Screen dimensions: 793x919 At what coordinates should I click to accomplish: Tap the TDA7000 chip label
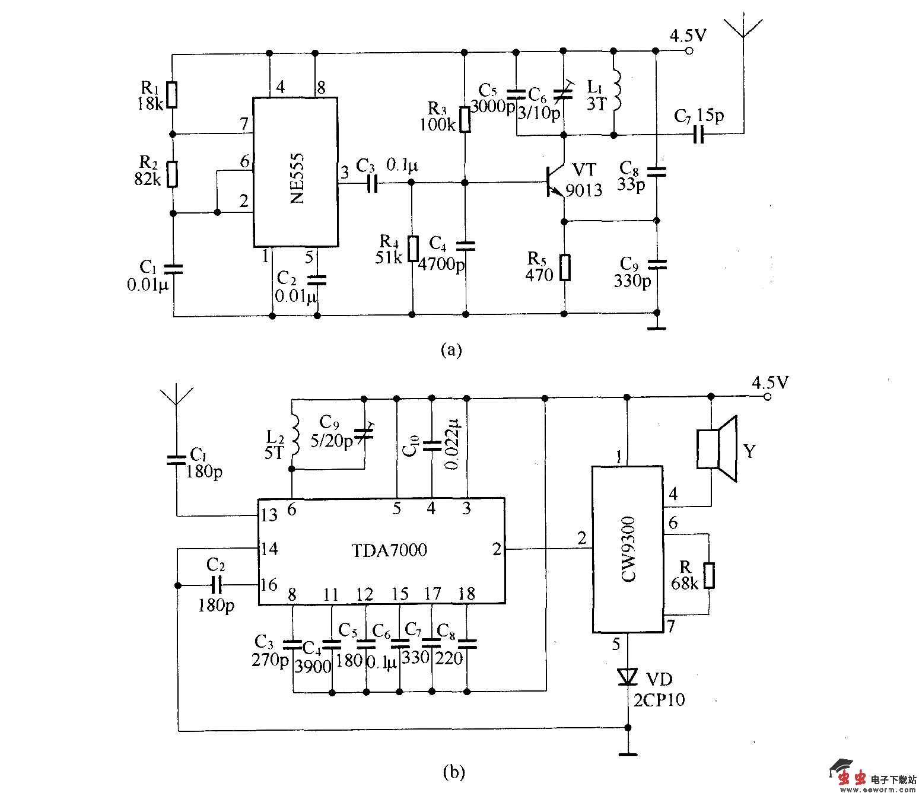(x=389, y=550)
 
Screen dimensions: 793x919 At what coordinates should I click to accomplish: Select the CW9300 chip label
(x=628, y=549)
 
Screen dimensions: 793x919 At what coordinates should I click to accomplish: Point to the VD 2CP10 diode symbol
(x=627, y=676)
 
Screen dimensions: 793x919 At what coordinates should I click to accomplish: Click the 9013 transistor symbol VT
(x=555, y=182)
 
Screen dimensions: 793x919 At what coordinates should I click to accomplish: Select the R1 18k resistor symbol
(x=171, y=95)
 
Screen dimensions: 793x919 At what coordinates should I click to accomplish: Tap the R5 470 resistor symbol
(x=565, y=267)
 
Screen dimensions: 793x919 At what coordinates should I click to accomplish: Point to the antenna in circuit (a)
(x=742, y=36)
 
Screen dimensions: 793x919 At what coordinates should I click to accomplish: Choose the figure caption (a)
(x=450, y=350)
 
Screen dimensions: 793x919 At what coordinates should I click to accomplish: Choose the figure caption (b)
(x=454, y=772)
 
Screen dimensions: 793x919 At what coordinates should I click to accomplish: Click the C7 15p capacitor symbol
(x=698, y=135)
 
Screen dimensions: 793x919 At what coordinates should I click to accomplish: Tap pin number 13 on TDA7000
(x=269, y=514)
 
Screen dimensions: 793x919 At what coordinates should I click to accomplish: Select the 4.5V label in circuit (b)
(x=769, y=383)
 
